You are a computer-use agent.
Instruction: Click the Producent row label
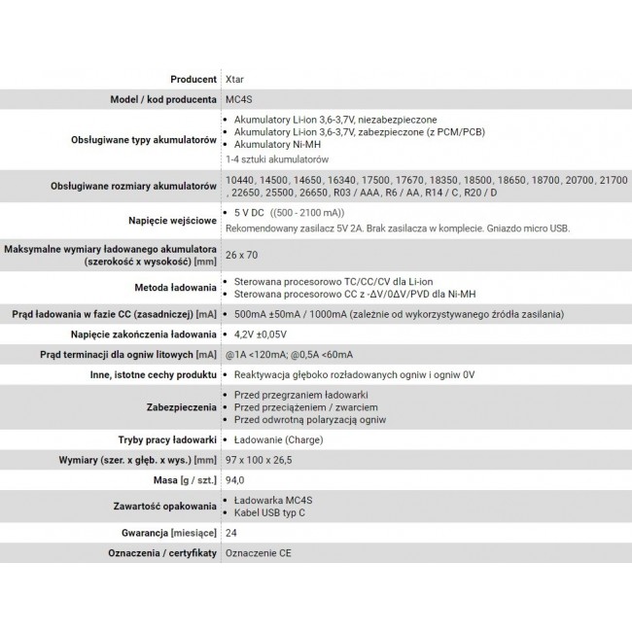click(192, 79)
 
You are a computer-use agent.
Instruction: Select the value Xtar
click(234, 79)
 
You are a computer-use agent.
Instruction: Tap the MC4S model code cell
click(238, 99)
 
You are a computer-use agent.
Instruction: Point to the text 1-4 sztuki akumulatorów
click(276, 158)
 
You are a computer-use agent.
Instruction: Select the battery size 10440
click(238, 180)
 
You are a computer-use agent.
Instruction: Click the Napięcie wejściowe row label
click(171, 220)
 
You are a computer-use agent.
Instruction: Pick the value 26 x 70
click(240, 256)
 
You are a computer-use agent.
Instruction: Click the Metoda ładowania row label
click(175, 287)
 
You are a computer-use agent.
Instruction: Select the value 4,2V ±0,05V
click(267, 334)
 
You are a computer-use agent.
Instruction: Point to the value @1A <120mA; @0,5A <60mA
click(288, 354)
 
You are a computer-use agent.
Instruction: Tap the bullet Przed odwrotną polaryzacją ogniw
click(310, 420)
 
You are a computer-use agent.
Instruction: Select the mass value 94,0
click(234, 479)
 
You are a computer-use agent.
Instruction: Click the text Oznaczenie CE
click(258, 553)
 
